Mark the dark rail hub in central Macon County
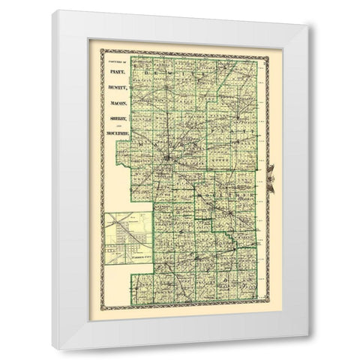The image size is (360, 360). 166,160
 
